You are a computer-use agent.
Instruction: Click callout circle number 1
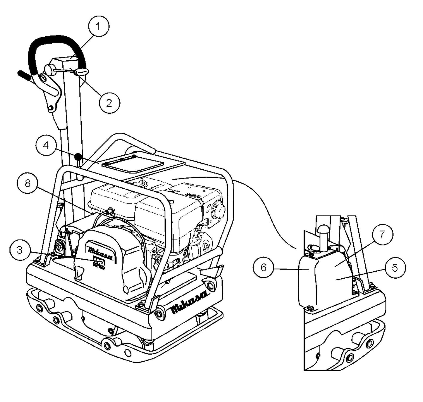click(x=98, y=26)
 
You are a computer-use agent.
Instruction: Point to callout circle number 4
click(x=46, y=145)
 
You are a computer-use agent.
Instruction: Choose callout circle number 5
click(x=395, y=268)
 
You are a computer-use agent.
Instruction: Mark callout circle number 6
click(x=263, y=267)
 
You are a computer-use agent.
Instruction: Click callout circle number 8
click(x=28, y=184)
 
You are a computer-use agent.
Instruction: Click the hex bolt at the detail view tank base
click(x=309, y=308)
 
